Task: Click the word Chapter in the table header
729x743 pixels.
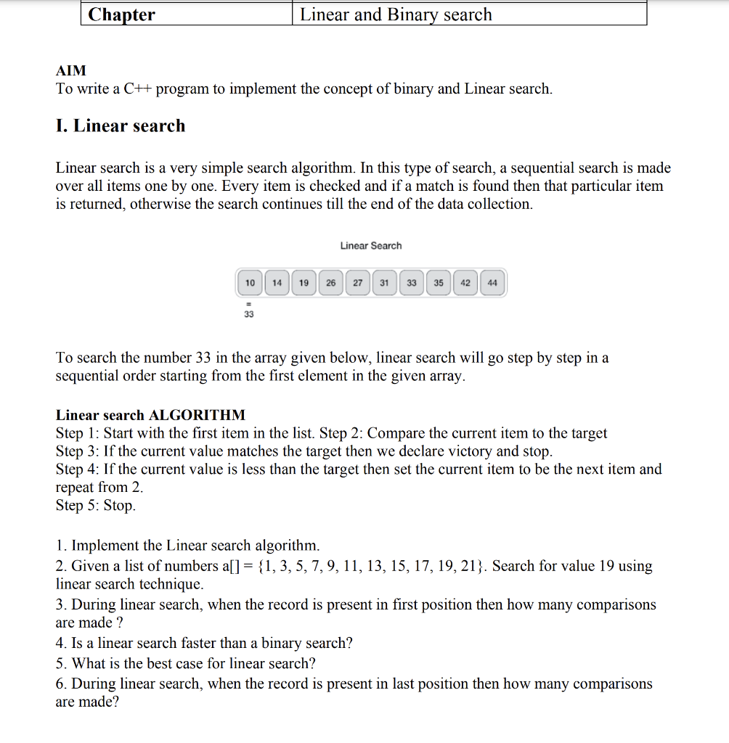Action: click(121, 15)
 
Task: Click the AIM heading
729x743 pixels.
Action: click(71, 70)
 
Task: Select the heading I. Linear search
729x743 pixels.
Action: click(121, 126)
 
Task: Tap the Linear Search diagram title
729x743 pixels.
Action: click(370, 245)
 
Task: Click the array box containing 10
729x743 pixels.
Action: click(250, 283)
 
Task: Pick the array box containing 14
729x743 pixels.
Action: click(277, 283)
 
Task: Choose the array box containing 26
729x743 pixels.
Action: click(330, 283)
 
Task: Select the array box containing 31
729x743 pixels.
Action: click(384, 283)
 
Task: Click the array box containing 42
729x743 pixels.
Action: click(465, 283)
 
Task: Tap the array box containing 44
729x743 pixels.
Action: click(492, 283)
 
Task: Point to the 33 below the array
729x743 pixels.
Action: click(249, 315)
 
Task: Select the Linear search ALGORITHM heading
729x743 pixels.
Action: click(150, 415)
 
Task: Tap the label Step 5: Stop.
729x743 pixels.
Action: click(95, 505)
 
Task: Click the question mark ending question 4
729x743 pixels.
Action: click(349, 643)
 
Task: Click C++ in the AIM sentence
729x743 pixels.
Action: click(137, 89)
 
